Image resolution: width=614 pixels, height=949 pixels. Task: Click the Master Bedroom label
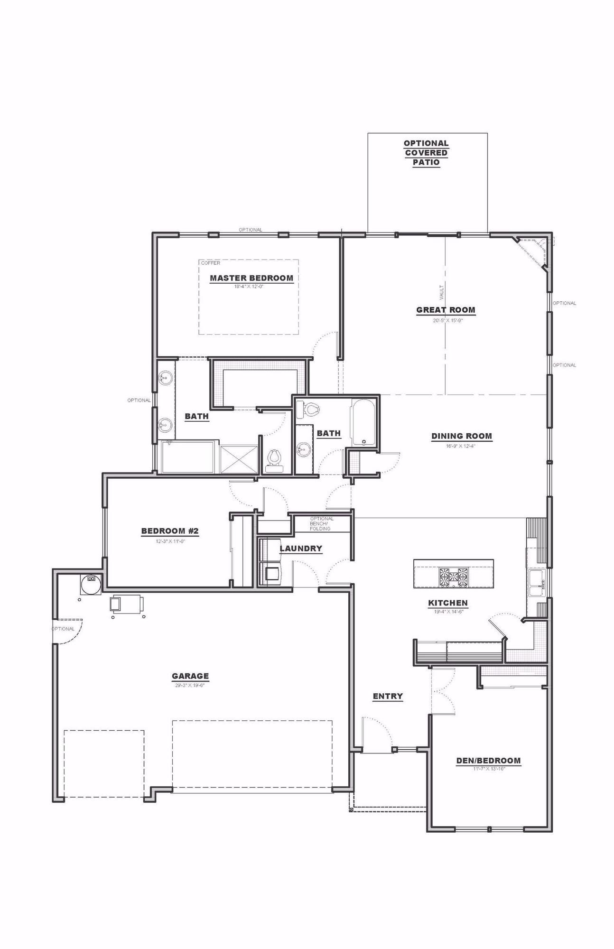coord(251,278)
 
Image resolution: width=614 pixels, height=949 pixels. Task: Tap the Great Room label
coord(446,310)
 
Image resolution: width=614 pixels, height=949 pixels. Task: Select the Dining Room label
coord(461,436)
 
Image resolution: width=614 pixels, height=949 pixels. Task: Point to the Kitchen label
coord(448,603)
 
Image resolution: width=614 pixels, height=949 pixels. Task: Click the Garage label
coord(190,676)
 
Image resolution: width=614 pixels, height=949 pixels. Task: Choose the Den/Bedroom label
coord(488,761)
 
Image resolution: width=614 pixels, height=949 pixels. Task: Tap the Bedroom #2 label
coord(170,531)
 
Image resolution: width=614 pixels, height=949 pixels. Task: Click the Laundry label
coord(301,549)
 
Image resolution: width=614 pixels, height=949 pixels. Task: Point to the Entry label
coord(388,696)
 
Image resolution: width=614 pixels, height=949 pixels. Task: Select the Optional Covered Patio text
coord(426,152)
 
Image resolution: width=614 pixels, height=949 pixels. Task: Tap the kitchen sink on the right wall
coord(537,583)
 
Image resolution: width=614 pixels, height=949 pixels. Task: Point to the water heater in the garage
coord(90,584)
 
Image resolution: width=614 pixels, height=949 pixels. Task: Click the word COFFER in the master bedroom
coord(211,263)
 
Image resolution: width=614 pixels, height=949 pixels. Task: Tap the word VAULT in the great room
coord(442,292)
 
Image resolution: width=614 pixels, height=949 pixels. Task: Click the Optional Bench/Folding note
coord(321,523)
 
